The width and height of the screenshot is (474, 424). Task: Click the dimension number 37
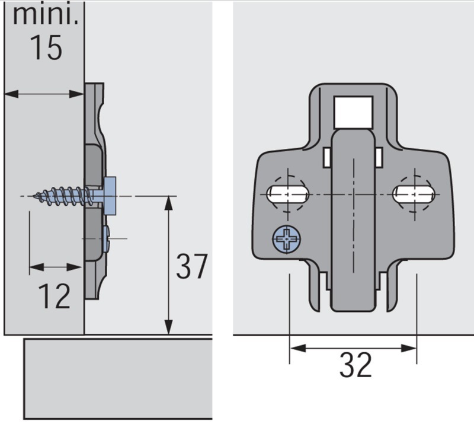pos(191,267)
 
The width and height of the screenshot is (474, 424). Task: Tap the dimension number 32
pos(355,364)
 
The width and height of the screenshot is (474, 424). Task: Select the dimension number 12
pos(55,296)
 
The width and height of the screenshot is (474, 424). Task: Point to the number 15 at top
pos(46,47)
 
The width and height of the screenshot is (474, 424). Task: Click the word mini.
pos(46,15)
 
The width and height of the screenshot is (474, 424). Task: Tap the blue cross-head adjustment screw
pos(287,239)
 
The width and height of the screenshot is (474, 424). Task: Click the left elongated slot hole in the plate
pos(288,194)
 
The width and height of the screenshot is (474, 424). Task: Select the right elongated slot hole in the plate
pos(414,194)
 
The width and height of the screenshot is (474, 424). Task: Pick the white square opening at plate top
pos(353,112)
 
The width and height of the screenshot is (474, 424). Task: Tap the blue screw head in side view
pos(110,196)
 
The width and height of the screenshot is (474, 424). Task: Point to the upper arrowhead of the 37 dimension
pos(168,203)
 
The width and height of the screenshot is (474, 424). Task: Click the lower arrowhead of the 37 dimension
pos(168,328)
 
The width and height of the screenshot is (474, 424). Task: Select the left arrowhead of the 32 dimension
pos(297,348)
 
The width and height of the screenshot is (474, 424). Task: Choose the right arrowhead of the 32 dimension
pos(409,348)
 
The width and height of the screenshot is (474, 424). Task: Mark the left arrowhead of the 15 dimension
pos(11,94)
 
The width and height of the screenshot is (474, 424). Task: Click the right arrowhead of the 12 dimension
pos(75,267)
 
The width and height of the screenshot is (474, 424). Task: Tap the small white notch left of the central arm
pos(326,157)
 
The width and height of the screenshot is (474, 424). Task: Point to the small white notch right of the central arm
pos(379,157)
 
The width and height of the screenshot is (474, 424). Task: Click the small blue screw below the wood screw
pos(106,238)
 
